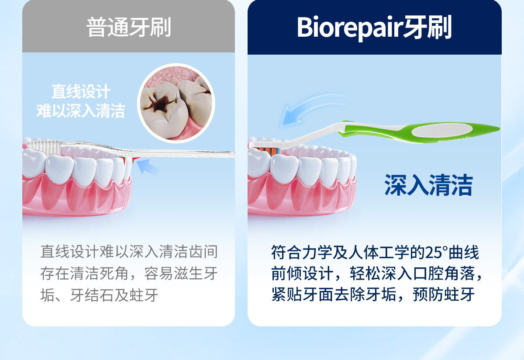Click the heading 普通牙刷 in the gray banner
tap(129, 27)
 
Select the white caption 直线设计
tap(81, 91)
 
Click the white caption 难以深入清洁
tap(81, 111)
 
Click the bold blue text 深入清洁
tap(428, 185)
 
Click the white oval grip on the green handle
tap(441, 130)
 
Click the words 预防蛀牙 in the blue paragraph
tap(444, 294)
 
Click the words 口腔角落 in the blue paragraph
tap(444, 273)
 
